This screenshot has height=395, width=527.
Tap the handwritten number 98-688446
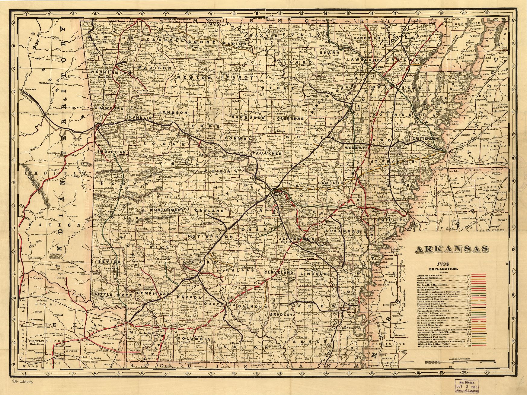(x=23, y=381)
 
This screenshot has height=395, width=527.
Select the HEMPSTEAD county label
(x=150, y=293)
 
